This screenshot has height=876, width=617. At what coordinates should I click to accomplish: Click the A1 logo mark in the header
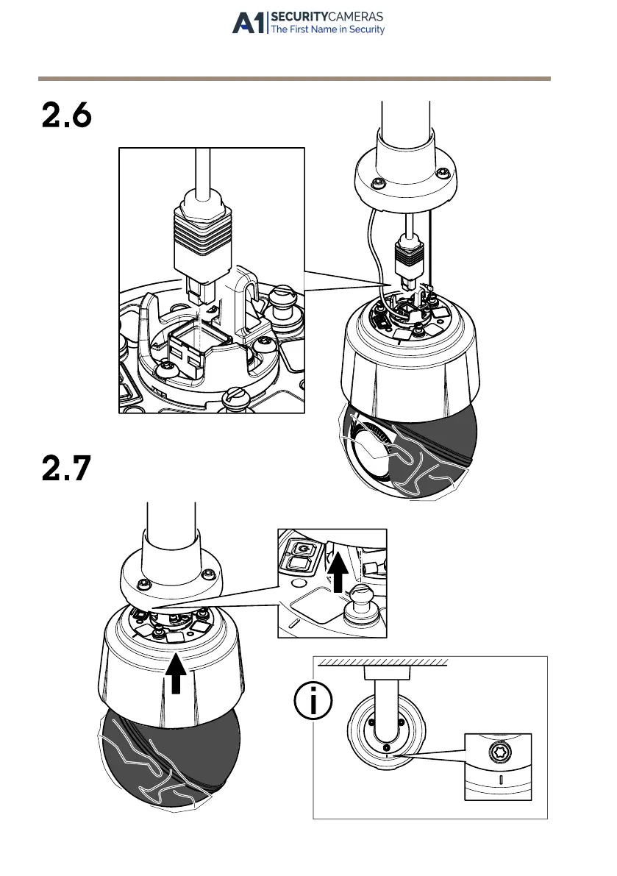click(250, 23)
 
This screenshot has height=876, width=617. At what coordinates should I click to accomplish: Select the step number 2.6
click(67, 116)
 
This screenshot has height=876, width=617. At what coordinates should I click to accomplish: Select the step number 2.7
click(67, 469)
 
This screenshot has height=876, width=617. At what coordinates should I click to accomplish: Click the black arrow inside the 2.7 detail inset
click(338, 572)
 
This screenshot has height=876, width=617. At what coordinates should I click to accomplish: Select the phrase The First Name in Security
click(328, 30)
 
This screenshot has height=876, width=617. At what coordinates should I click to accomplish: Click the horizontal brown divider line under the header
click(294, 78)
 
